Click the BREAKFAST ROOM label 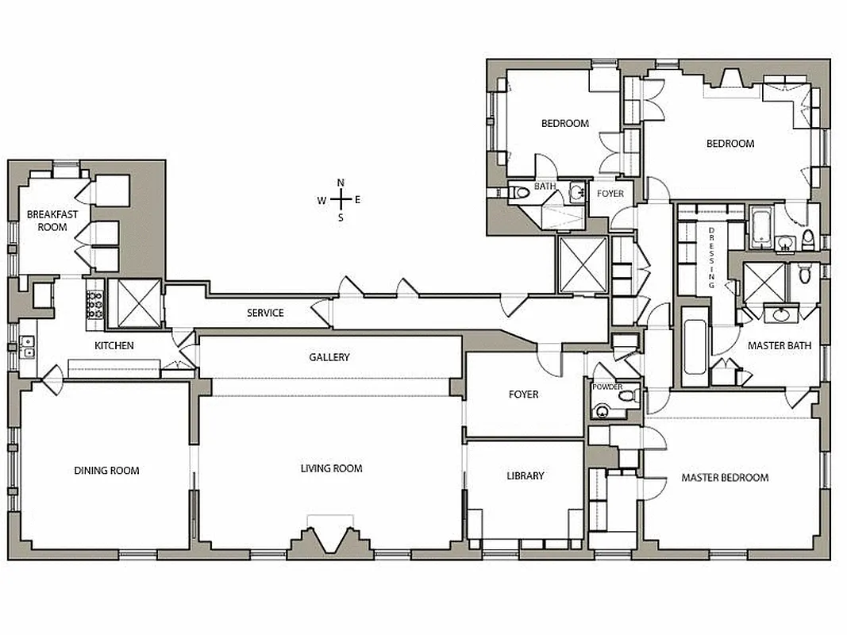[x=46, y=220]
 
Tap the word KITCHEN [x=114, y=346]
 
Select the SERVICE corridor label [x=265, y=313]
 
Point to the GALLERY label [x=329, y=358]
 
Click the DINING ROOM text [x=106, y=471]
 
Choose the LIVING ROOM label [x=331, y=469]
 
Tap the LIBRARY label [x=526, y=476]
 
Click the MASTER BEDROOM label [x=725, y=478]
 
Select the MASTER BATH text [x=777, y=346]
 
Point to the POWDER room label [x=607, y=387]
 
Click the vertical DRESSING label [x=712, y=256]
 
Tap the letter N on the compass [x=341, y=183]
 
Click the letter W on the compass [x=321, y=200]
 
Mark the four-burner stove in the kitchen [x=95, y=306]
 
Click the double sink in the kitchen [x=28, y=346]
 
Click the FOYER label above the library [x=523, y=394]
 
